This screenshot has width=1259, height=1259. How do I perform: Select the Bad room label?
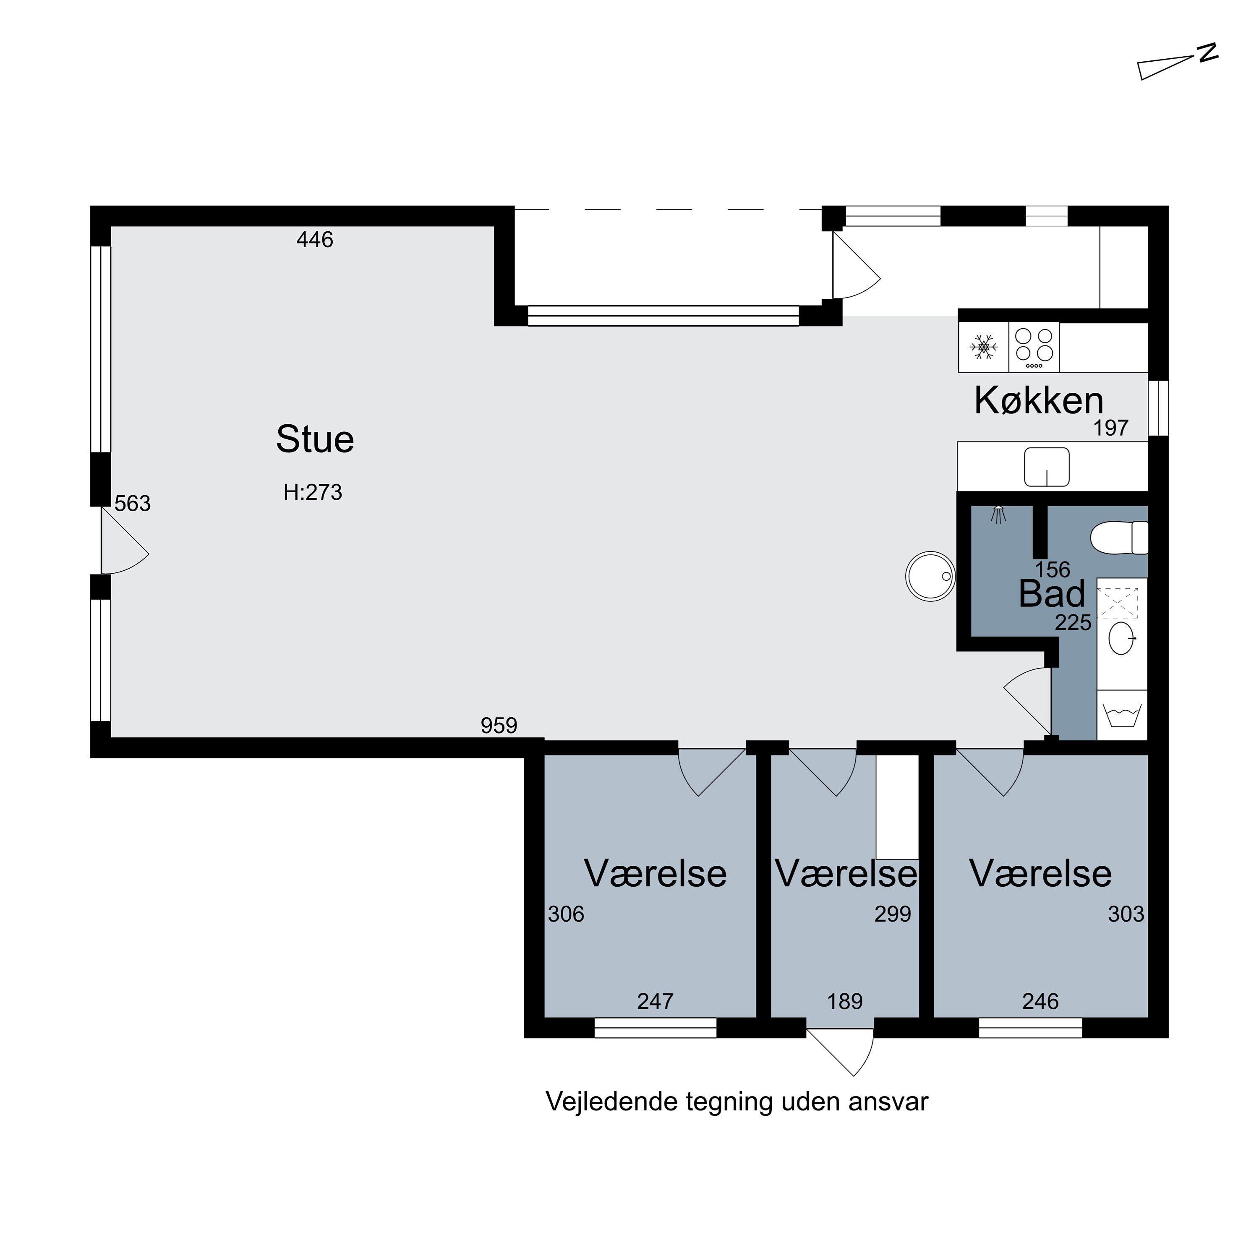click(1052, 594)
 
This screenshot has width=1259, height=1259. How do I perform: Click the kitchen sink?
click(1047, 467)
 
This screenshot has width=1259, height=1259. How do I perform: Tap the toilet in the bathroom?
click(1119, 538)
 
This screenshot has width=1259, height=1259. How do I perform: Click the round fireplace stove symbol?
click(930, 576)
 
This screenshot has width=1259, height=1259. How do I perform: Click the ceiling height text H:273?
click(313, 492)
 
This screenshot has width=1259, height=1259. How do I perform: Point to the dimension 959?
click(499, 725)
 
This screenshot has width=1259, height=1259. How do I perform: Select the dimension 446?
click(315, 240)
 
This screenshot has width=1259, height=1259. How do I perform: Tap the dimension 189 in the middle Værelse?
click(845, 1001)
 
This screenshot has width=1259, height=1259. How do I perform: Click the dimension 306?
click(566, 914)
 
